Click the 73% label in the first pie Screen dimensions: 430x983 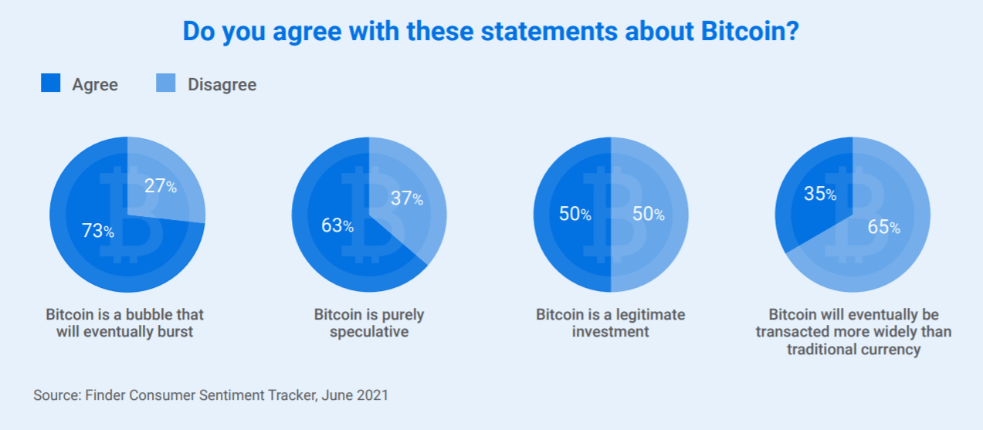tap(98, 230)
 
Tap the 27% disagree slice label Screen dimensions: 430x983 tap(161, 185)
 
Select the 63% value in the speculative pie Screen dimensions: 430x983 tap(337, 225)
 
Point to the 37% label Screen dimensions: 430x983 tap(407, 198)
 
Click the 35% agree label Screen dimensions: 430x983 tap(820, 194)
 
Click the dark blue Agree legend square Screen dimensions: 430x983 tap(50, 83)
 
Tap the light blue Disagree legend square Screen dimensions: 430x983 tap(166, 83)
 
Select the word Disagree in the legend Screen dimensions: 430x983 tap(222, 85)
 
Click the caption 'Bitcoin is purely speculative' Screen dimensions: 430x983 tap(369, 323)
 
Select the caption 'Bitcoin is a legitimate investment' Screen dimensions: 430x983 tap(610, 323)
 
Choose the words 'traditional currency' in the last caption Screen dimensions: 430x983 tap(853, 349)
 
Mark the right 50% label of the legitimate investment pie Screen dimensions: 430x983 tap(649, 214)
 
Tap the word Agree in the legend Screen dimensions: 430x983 tap(95, 85)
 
